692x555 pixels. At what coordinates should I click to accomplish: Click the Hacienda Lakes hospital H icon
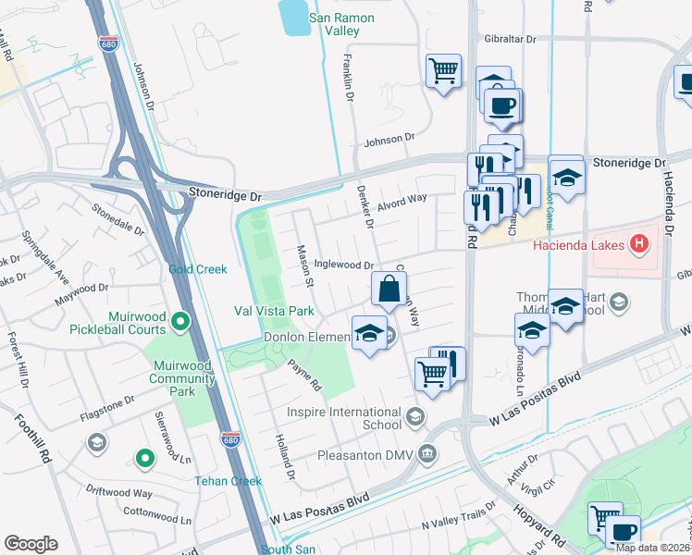click(638, 245)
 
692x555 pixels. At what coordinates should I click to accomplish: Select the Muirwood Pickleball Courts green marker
click(180, 322)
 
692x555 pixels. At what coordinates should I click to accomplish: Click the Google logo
click(31, 544)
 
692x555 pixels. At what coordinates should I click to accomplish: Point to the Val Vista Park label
click(275, 311)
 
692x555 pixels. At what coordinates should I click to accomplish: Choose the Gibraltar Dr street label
click(510, 40)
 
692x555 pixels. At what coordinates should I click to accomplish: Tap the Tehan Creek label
click(229, 481)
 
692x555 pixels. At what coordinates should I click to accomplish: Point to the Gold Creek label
click(197, 269)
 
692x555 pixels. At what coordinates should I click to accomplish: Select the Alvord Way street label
click(402, 198)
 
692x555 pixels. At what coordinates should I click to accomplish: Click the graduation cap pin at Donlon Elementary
click(369, 333)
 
